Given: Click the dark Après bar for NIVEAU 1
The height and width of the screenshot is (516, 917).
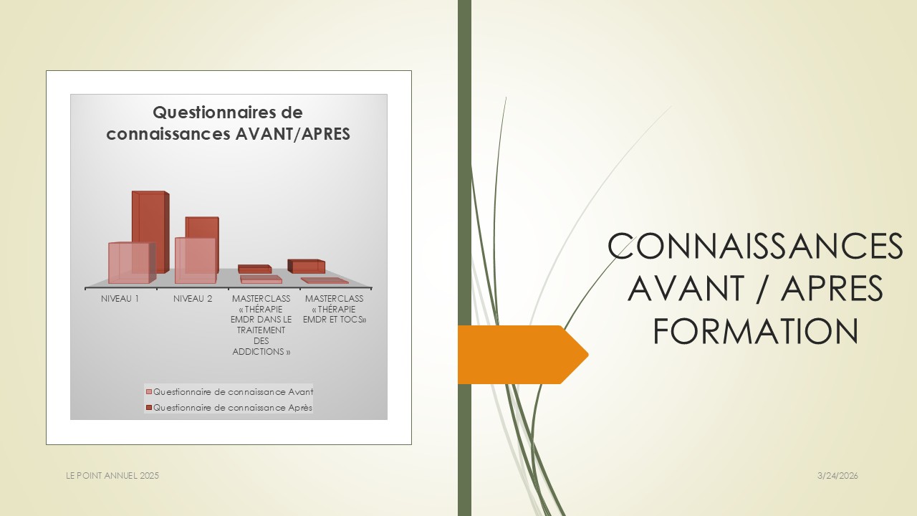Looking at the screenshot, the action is click(x=150, y=231).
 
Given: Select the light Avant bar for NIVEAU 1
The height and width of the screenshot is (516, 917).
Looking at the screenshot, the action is click(x=132, y=262).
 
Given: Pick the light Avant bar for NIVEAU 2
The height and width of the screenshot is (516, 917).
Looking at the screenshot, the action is click(x=196, y=260).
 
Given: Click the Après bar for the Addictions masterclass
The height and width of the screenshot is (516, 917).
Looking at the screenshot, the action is click(x=254, y=269).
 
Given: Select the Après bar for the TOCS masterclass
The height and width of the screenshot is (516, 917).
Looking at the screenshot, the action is click(x=306, y=266).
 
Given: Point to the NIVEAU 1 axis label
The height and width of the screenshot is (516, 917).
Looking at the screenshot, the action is click(x=120, y=299).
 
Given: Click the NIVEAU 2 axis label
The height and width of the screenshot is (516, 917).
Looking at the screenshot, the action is click(x=193, y=299).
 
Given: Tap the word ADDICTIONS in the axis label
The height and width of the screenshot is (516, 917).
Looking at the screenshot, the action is click(x=261, y=352).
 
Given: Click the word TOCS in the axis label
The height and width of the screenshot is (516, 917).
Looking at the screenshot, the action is click(x=354, y=320).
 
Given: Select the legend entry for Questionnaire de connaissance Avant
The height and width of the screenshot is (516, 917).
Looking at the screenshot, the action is click(x=230, y=392).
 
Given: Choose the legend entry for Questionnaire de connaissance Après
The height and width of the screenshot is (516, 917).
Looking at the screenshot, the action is click(x=229, y=408).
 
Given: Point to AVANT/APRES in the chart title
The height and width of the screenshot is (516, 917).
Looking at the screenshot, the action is click(x=293, y=134).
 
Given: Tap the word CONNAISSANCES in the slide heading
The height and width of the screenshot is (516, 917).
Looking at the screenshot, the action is click(x=755, y=246).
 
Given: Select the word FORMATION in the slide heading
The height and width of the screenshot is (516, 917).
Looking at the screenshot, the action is click(x=755, y=331).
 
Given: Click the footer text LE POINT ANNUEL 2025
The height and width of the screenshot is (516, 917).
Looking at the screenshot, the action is click(x=112, y=476).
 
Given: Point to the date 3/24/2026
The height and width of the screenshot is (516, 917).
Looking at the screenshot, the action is click(x=837, y=476).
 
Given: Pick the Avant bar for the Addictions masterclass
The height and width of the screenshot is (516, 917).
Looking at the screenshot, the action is click(x=261, y=279).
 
